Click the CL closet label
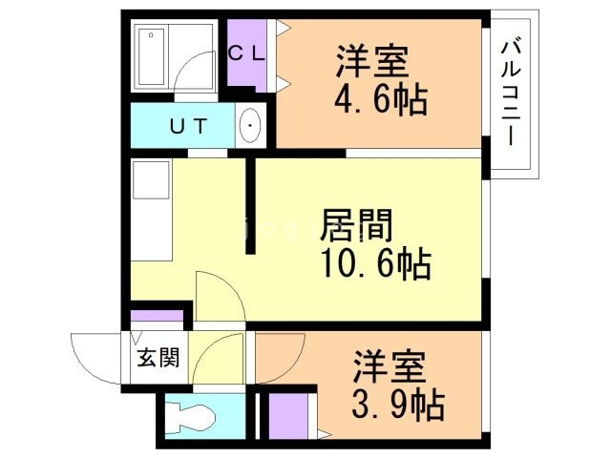coord(246,53)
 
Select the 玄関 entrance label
coord(157,359)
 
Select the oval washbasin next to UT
coord(250,126)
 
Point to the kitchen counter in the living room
coord(150,210)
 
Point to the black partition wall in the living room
coord(251,205)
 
